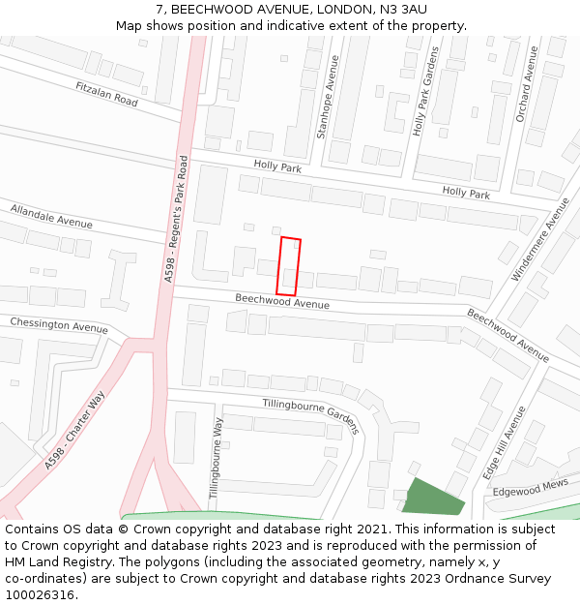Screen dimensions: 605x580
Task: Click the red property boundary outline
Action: (288, 266)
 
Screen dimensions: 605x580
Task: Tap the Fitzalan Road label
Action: (106, 93)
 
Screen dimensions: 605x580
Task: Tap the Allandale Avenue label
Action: (51, 216)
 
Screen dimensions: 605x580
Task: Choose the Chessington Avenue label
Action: (58, 324)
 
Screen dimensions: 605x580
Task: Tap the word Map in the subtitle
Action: (130, 25)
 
